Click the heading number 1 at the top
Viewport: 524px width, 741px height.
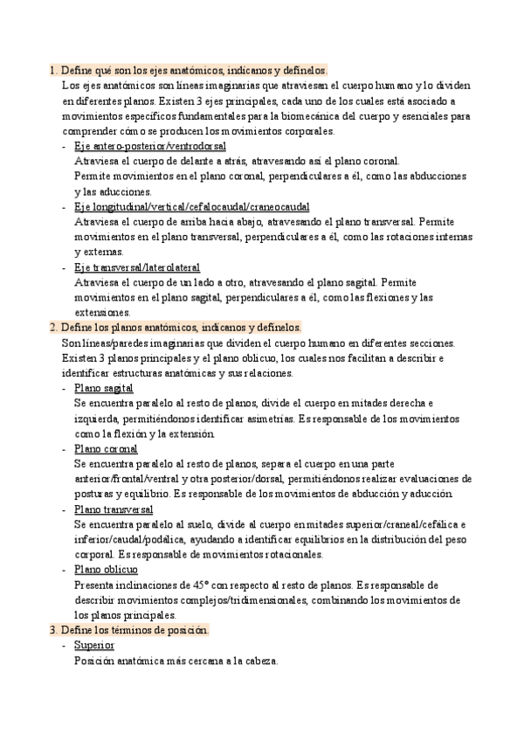53,69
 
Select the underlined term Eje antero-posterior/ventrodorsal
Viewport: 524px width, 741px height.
150,145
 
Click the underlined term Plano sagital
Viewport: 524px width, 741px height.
104,388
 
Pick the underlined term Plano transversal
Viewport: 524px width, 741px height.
114,509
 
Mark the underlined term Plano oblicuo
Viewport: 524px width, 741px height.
107,569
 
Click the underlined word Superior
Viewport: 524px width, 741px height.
94,645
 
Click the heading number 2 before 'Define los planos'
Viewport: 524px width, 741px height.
53,327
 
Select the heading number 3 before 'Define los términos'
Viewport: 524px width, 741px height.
53,630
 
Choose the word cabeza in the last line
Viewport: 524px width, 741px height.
259,661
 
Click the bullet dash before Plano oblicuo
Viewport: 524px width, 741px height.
65,570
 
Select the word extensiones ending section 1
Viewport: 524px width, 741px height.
103,312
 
